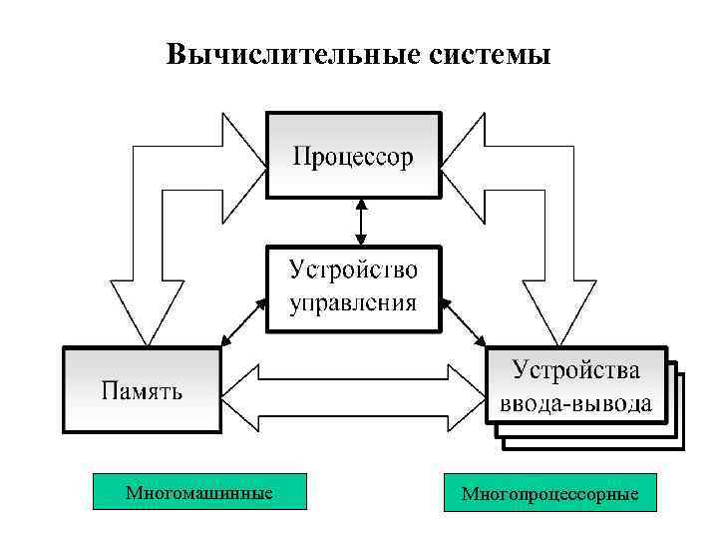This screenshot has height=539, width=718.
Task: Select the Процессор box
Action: pyautogui.click(x=352, y=156)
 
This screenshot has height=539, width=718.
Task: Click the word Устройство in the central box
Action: pyautogui.click(x=353, y=270)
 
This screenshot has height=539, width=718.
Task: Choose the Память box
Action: pyautogui.click(x=141, y=389)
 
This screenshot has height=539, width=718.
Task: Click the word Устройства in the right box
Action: pyautogui.click(x=576, y=370)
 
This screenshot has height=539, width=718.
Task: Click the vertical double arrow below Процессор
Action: pyautogui.click(x=360, y=221)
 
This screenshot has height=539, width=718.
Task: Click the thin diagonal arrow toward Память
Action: pyautogui.click(x=243, y=322)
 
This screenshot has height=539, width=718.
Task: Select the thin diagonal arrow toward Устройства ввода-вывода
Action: pyautogui.click(x=463, y=321)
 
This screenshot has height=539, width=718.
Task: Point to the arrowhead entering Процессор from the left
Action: pyautogui.click(x=243, y=156)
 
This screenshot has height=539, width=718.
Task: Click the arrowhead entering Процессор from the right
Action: pyautogui.click(x=462, y=156)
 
